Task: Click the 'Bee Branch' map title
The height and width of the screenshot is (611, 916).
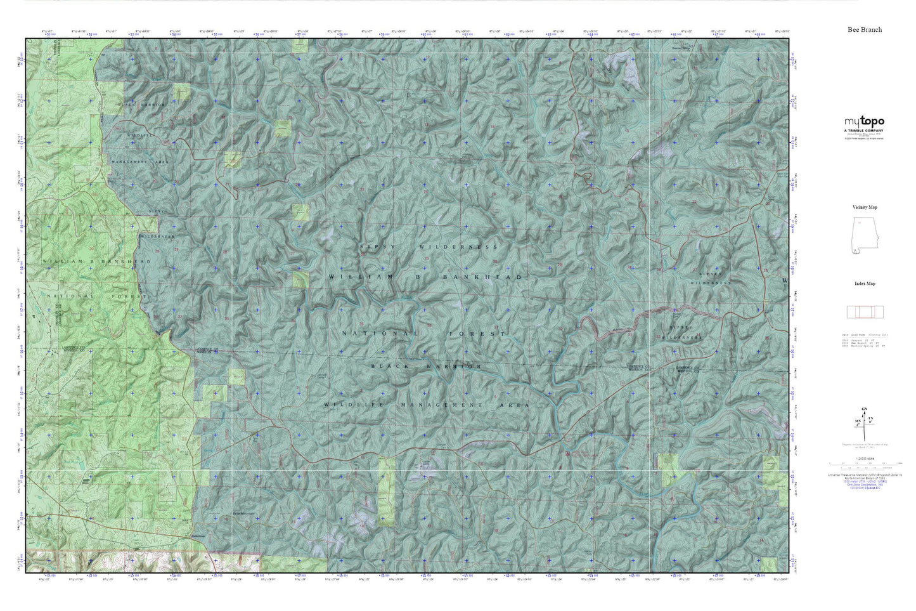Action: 865,30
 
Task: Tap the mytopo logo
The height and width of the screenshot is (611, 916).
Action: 864,122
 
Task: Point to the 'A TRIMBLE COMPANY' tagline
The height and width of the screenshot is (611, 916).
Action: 864,131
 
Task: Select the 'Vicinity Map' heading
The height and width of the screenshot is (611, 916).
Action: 865,207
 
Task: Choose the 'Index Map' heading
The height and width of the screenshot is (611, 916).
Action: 865,284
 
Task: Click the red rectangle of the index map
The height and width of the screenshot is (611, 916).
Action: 865,312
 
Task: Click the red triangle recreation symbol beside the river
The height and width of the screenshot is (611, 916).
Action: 567,454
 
